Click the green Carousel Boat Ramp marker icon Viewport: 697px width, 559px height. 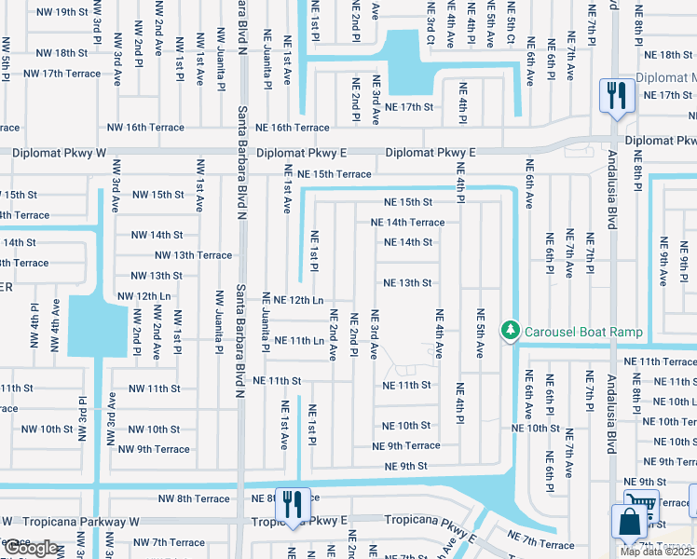pos(510,331)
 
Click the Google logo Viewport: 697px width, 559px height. pos(32,548)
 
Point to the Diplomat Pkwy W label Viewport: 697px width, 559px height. pos(58,152)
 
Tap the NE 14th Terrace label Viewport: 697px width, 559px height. pos(407,223)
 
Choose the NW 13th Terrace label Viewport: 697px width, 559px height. pos(193,255)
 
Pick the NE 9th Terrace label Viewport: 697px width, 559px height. pos(405,446)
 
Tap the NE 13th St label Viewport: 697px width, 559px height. pos(408,283)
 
